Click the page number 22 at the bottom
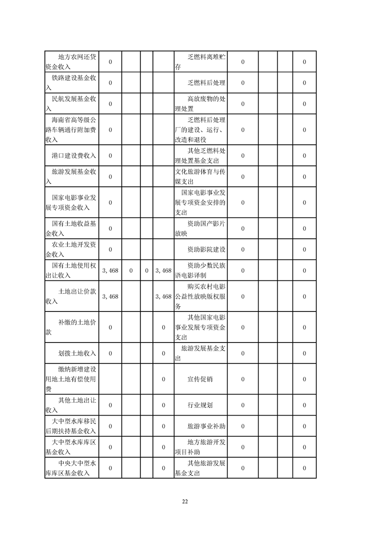[185, 502]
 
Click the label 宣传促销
[200, 379]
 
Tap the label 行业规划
[200, 405]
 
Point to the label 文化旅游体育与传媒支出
[200, 177]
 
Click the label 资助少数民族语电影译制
[200, 270]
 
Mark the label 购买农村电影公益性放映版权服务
[200, 297]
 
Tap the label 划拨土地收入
[77, 354]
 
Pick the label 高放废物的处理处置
[200, 104]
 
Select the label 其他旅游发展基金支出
[200, 468]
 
